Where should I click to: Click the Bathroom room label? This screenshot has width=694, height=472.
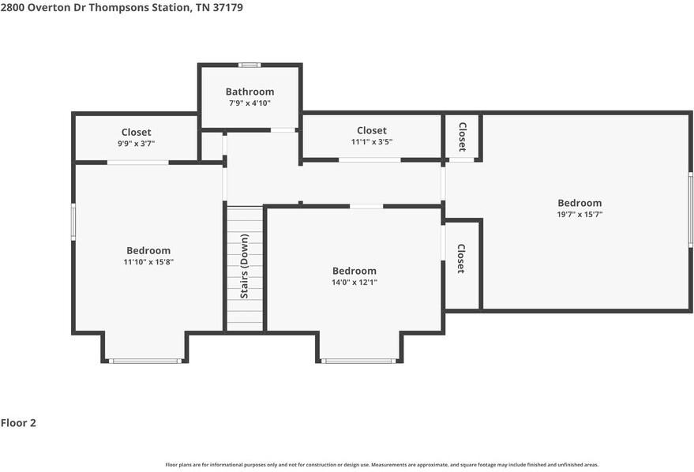click(x=249, y=92)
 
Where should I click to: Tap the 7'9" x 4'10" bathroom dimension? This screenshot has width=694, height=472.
click(x=249, y=103)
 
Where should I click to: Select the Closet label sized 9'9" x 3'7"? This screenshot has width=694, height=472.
click(x=136, y=132)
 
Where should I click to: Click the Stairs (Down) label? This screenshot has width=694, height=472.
click(x=245, y=267)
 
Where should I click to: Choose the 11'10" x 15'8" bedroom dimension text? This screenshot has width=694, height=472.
click(x=148, y=262)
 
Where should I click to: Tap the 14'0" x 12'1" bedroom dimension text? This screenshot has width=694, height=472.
click(x=354, y=282)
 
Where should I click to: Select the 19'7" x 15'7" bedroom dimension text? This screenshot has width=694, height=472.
click(x=580, y=214)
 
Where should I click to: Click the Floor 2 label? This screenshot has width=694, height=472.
click(x=18, y=423)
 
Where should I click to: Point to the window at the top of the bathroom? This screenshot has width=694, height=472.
click(x=249, y=65)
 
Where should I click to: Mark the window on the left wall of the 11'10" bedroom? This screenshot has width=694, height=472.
click(x=73, y=221)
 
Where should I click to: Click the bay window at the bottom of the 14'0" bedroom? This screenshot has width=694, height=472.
click(x=359, y=361)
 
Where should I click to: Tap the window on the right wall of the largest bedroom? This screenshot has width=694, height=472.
click(x=690, y=211)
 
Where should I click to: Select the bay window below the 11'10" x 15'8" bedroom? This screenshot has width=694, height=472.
click(x=145, y=361)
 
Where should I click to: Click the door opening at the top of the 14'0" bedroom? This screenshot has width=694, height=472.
click(x=366, y=206)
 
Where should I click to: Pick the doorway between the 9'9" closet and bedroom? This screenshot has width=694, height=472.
click(x=137, y=163)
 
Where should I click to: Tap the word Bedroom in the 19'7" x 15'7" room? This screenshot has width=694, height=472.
click(x=580, y=203)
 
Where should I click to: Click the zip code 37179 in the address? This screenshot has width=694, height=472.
click(x=227, y=7)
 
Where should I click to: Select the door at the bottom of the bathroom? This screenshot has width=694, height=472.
click(x=282, y=130)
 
